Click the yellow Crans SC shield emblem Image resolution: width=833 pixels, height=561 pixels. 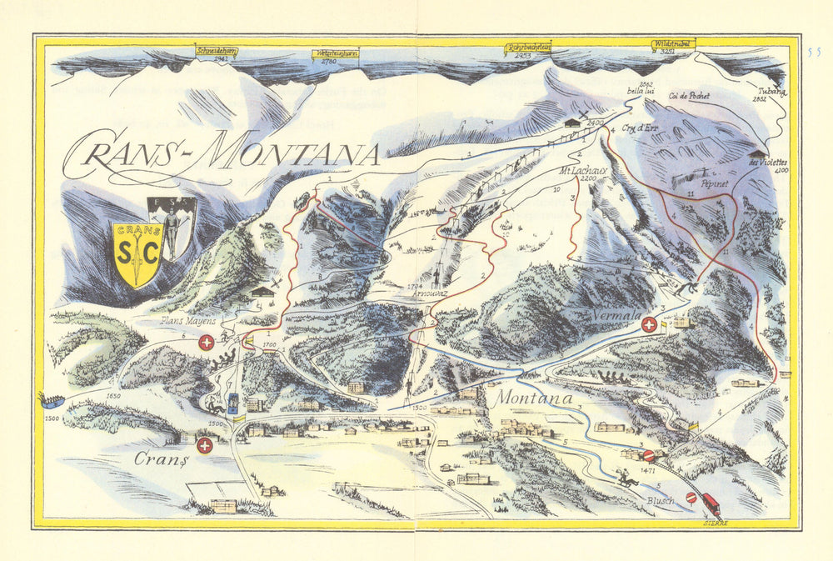tap(137, 253)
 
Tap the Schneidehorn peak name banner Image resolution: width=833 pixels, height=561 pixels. tap(216, 51)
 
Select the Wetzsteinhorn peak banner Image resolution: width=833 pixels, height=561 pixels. tap(336, 54)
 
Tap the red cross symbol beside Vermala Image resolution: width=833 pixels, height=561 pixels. tap(648, 325)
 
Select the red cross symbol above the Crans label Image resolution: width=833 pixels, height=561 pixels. tap(204, 446)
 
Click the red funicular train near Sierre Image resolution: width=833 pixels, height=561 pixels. tap(711, 503)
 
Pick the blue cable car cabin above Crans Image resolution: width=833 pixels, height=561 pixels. tap(234, 402)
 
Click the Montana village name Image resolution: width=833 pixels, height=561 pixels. tap(534, 399)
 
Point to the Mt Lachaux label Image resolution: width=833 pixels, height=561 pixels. tap(584, 171)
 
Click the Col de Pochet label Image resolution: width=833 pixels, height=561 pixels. tap(689, 96)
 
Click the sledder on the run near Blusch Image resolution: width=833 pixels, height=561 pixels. tap(627, 479)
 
